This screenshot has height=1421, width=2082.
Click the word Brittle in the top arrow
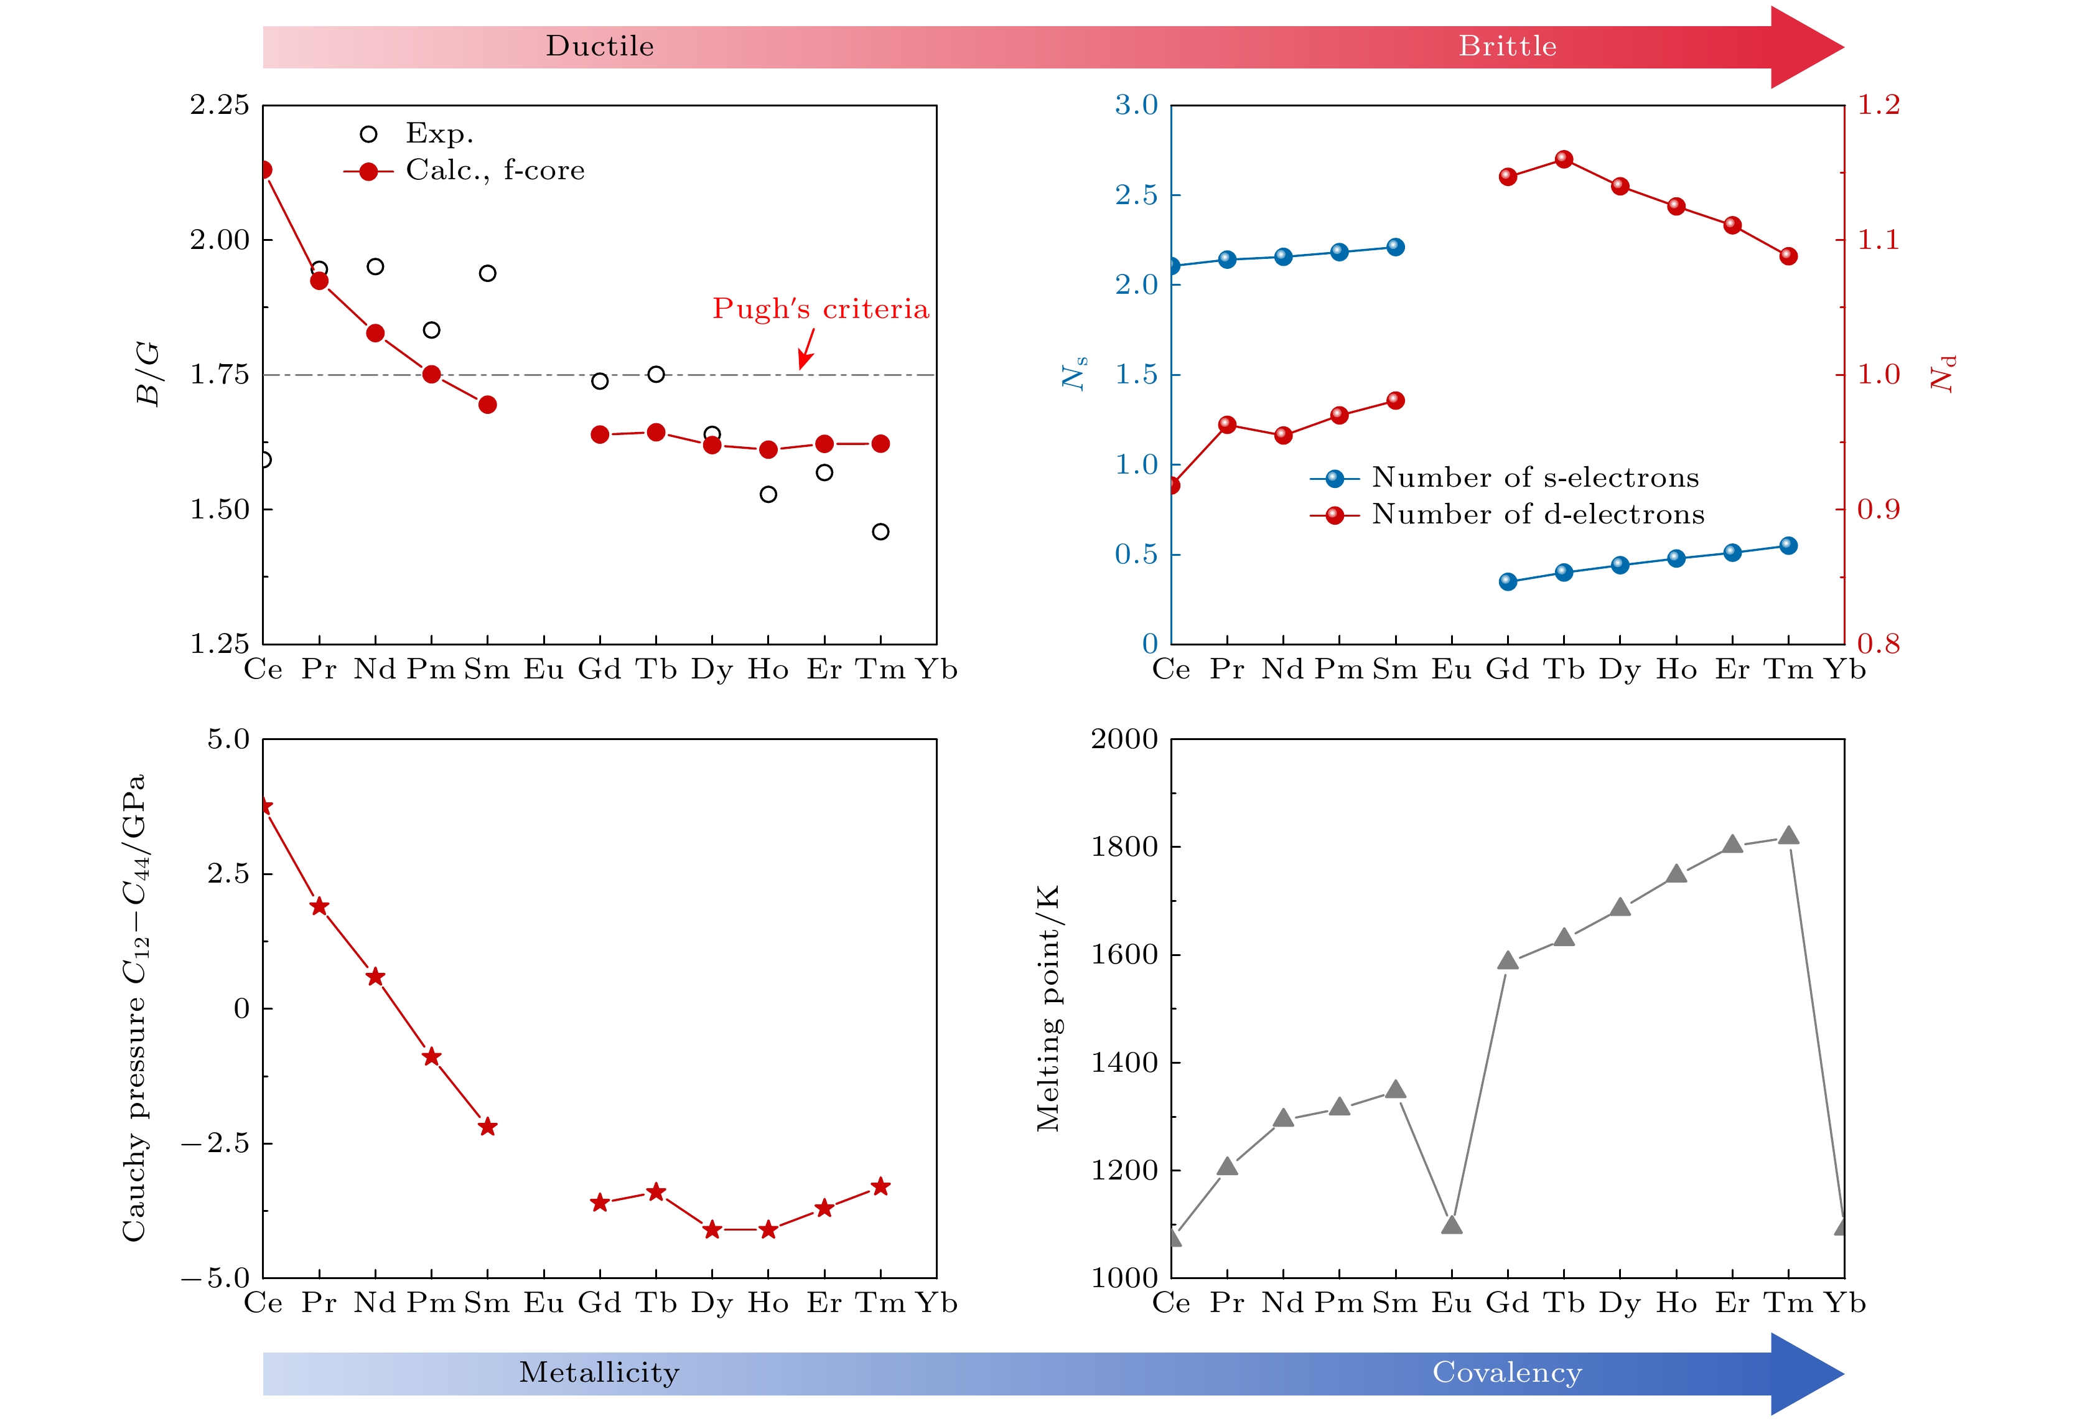[x=1507, y=45]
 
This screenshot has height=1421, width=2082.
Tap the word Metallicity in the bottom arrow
[x=599, y=1372]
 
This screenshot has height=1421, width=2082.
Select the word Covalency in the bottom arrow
[x=1507, y=1372]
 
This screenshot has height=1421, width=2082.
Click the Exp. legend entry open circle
[x=368, y=134]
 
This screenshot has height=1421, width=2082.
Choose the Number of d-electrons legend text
[x=1538, y=514]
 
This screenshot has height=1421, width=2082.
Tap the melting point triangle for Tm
[x=1788, y=836]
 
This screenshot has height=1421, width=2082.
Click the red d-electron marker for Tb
[x=1564, y=159]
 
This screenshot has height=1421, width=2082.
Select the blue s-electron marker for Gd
[x=1508, y=581]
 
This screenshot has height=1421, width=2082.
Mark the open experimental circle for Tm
[x=880, y=532]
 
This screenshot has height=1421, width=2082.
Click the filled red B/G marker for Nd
[x=375, y=333]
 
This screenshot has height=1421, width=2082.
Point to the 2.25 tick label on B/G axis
[x=220, y=105]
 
